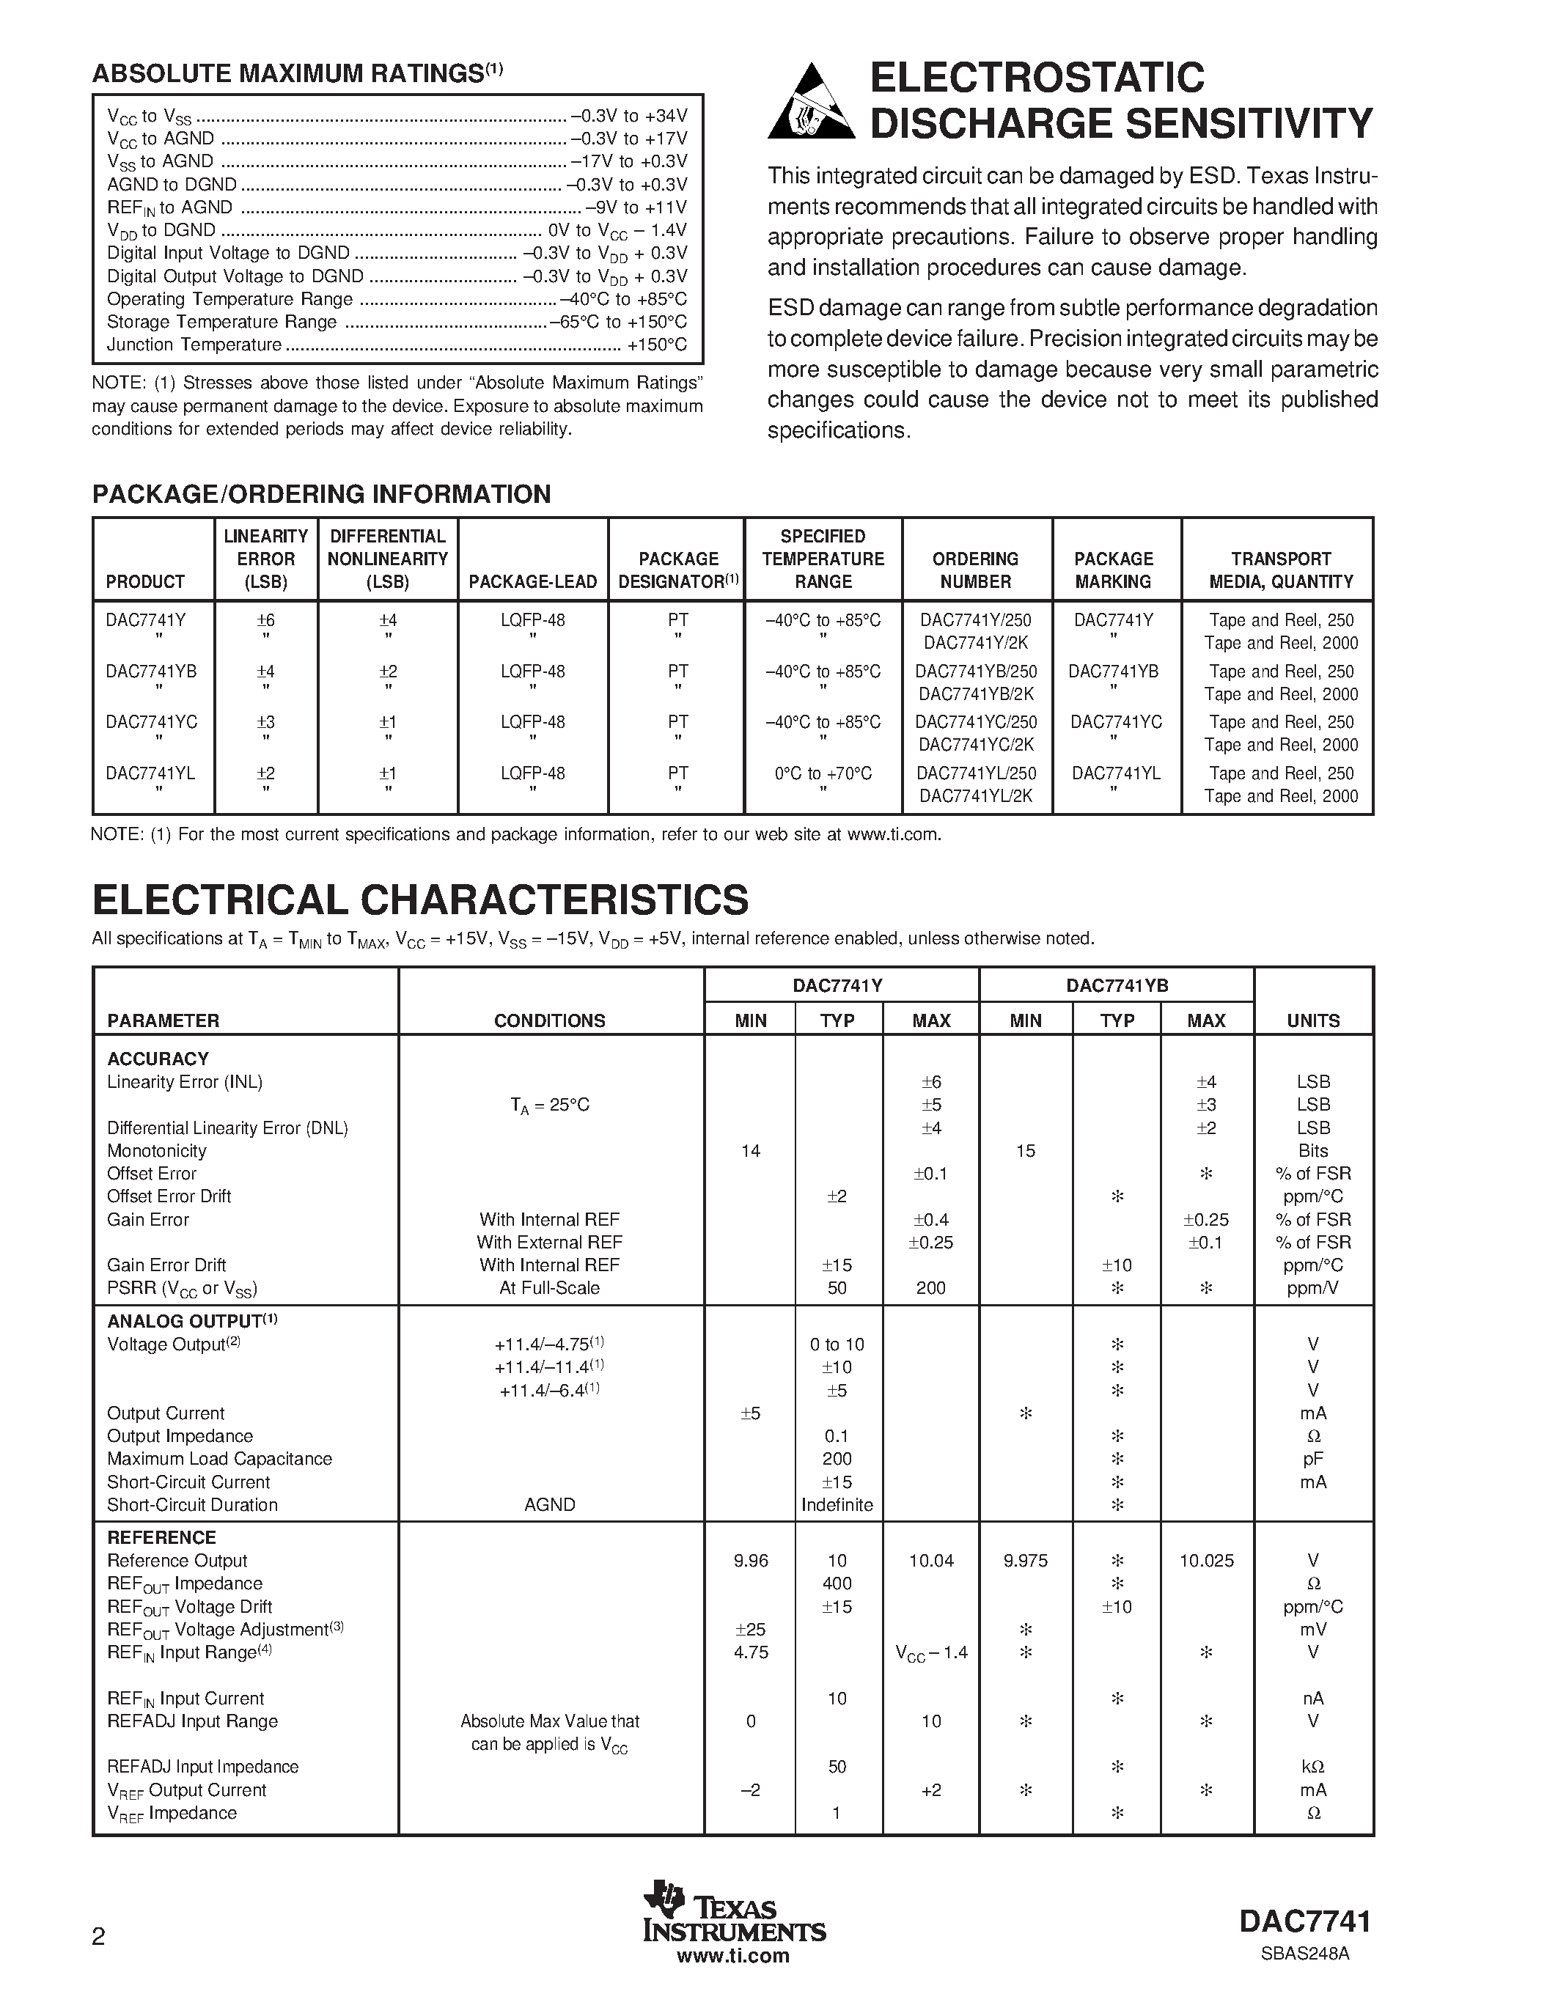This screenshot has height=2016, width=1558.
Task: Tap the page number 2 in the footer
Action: [99, 1935]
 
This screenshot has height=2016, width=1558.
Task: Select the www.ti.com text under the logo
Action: [733, 1955]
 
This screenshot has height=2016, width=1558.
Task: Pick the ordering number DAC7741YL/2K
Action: [976, 795]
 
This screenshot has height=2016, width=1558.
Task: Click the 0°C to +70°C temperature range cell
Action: [823, 773]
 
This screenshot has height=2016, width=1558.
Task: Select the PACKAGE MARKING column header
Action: [1113, 570]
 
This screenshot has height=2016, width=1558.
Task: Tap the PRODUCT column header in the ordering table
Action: [145, 581]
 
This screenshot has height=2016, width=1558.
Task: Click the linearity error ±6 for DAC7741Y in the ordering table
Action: [266, 620]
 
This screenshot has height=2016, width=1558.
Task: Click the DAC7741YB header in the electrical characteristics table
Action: [1117, 985]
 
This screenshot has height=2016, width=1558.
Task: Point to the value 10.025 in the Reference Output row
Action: [1205, 1561]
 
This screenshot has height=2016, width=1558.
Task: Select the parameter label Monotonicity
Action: [157, 1151]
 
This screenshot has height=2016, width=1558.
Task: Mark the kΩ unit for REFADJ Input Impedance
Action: [1312, 1767]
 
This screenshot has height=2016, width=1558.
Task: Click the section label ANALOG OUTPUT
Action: [185, 1322]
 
